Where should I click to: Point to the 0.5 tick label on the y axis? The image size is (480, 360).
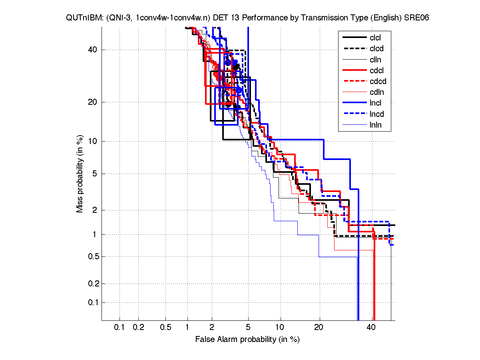pos(92,256)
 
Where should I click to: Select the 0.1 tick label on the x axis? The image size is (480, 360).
pos(120,328)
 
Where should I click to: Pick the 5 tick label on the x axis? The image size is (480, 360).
pos(248,328)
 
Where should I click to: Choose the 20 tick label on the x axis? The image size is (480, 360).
pos(319,328)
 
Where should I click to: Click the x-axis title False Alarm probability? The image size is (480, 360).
pos(247,340)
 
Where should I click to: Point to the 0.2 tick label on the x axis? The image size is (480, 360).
pos(138,328)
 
